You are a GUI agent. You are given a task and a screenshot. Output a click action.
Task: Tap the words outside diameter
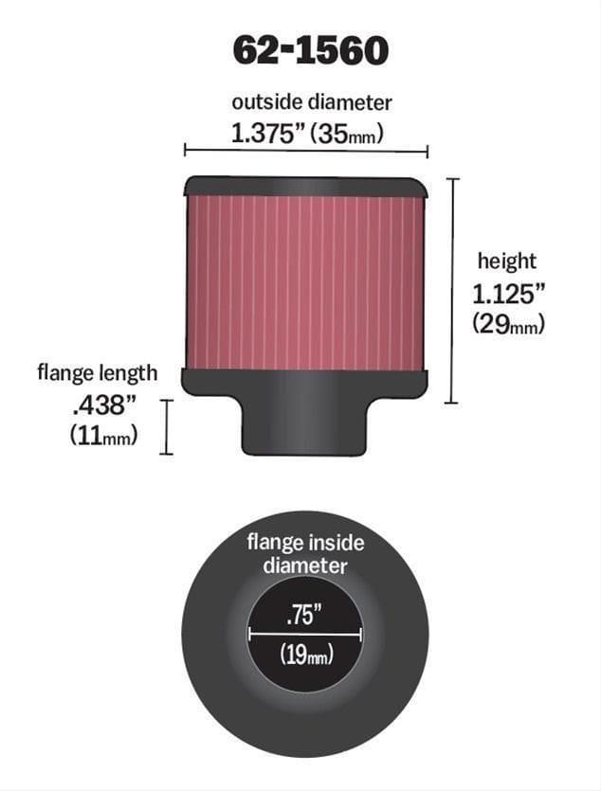pos(311,102)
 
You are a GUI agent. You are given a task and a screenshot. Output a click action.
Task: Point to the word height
pos(506,261)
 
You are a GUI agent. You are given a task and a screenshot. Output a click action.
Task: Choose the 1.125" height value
pos(508,293)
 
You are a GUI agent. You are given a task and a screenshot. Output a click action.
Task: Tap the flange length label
pos(97,372)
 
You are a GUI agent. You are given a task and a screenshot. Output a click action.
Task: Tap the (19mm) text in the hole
pos(305,654)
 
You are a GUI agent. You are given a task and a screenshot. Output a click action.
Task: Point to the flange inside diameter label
pos(305,554)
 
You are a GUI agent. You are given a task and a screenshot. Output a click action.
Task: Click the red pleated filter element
pos(305,282)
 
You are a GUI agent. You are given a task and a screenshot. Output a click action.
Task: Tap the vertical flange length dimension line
pos(167,426)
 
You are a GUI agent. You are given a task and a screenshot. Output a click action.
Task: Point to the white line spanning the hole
pos(305,633)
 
